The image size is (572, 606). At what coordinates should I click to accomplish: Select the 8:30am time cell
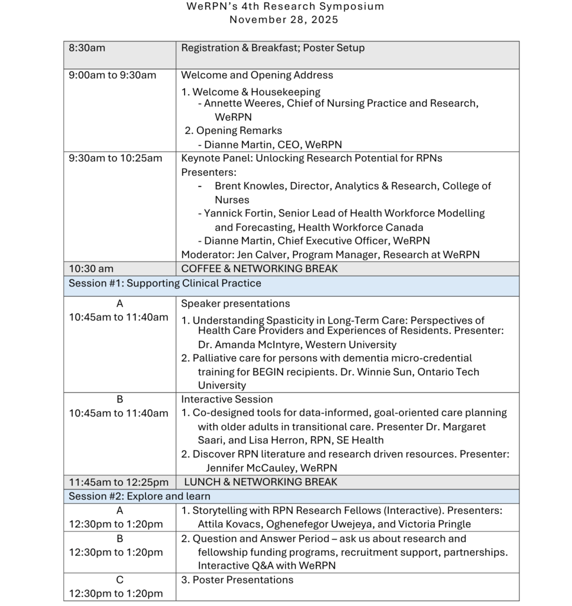pos(87,48)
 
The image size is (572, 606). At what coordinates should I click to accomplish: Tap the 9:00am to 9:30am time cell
pos(112,75)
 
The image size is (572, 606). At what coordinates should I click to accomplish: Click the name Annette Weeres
pos(242,104)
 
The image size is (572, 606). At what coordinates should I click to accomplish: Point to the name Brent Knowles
pos(250,186)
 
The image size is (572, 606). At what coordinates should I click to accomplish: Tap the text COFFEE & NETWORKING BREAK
pos(260,269)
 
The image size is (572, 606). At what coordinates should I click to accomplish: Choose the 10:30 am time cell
pos(91,269)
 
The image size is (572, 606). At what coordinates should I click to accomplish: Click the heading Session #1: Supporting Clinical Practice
pos(164,283)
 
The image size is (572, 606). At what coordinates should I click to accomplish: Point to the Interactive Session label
pos(227,399)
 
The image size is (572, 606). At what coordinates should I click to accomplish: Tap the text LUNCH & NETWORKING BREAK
pos(261,482)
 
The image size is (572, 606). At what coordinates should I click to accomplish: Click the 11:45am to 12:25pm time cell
pos(118,482)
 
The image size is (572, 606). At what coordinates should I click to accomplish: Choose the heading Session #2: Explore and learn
pos(140,496)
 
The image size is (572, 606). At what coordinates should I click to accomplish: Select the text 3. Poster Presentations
pos(237,580)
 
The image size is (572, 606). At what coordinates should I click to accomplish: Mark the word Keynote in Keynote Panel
pos(199,158)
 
